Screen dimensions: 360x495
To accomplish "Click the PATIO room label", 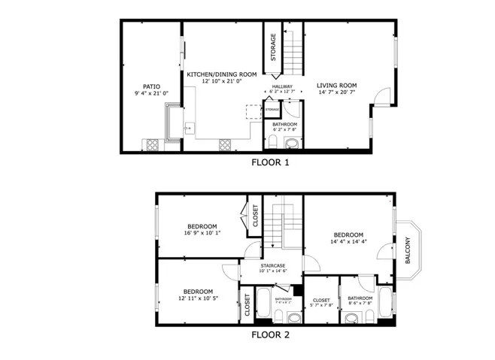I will pos(151,86).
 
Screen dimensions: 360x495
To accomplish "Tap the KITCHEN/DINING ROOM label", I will pos(222,74).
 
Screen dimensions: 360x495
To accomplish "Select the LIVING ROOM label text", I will pos(335,85).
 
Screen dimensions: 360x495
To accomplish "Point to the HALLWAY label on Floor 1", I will pos(282,86).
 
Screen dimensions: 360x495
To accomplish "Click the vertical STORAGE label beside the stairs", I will pos(273,47).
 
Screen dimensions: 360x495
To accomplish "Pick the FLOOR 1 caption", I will pos(270,162).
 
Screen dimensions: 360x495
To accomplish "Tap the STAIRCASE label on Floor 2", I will pos(272,265).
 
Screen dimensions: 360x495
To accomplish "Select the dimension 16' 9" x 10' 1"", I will pos(202,233).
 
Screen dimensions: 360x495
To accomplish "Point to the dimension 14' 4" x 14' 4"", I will pos(348,241).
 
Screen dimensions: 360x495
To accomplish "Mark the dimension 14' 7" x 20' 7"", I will pos(335,92).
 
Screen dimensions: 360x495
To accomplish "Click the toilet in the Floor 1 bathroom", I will pos(274,142).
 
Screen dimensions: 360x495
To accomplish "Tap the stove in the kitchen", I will pos(225,144).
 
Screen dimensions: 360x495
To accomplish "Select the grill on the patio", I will pos(152,144).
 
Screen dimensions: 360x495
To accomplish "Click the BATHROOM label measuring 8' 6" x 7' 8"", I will pos(360,298).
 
